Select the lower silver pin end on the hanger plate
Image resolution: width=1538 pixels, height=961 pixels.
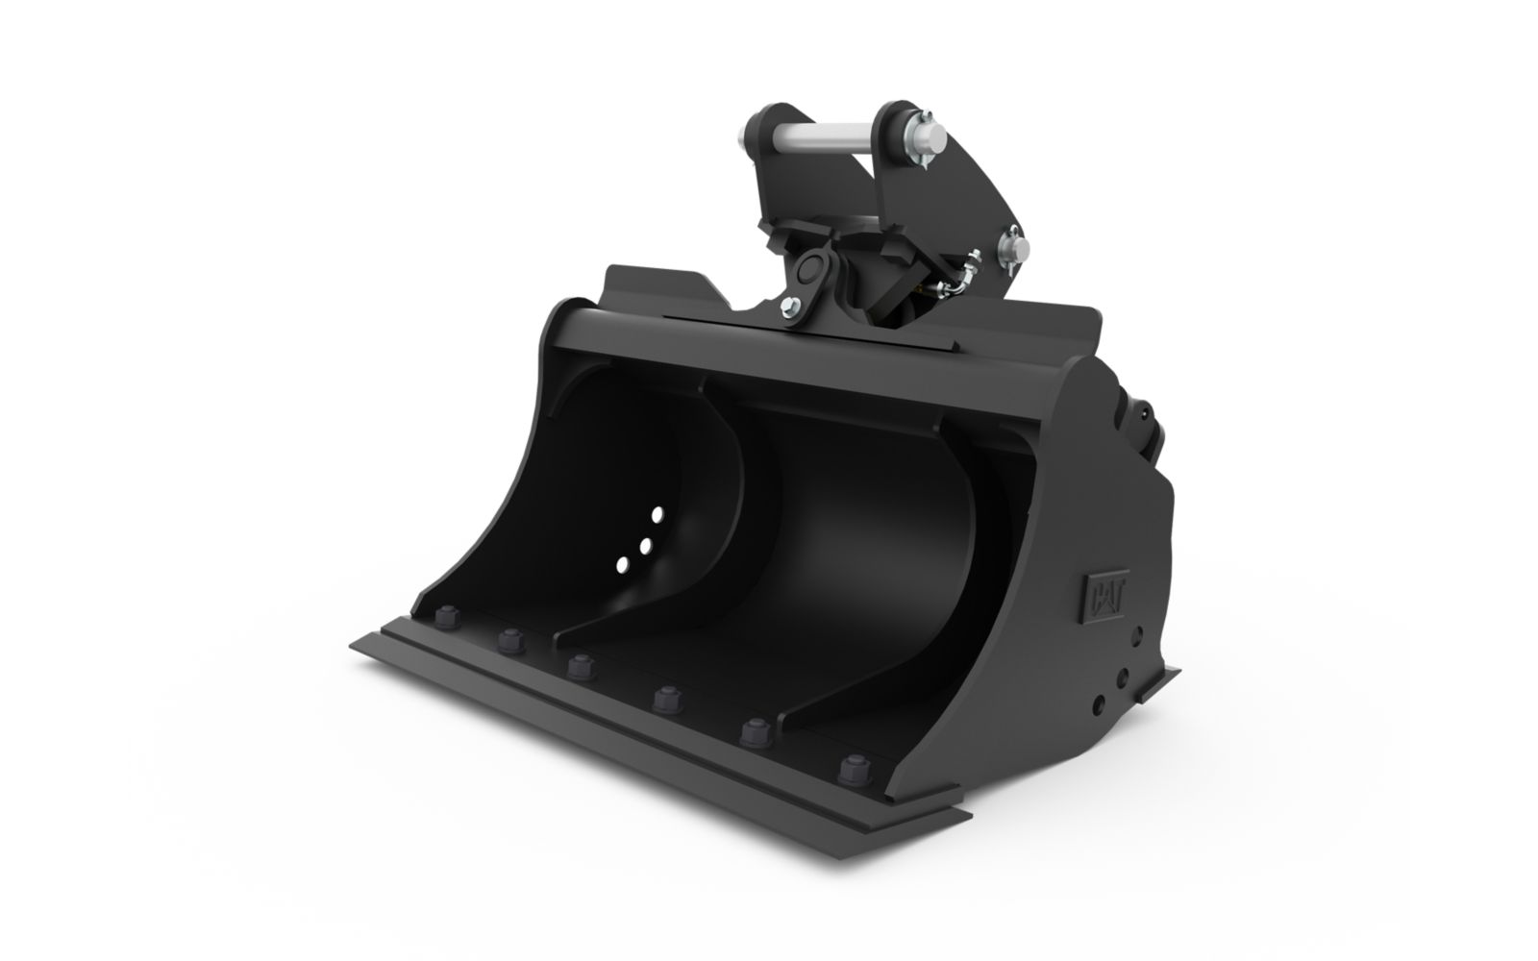point(1013,246)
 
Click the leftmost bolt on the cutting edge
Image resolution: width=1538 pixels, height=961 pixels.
point(447,616)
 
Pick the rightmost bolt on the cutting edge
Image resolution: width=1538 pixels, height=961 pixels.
point(855,770)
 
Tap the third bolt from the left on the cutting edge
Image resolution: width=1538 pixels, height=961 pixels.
point(581,667)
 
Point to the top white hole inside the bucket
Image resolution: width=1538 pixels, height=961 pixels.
point(657,515)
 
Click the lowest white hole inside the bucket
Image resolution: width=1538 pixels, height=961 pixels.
point(622,565)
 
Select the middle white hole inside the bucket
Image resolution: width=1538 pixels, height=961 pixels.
point(645,547)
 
